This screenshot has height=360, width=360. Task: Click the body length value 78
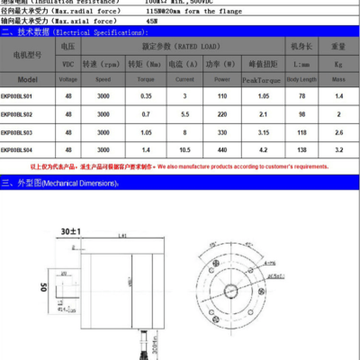pos(301,97)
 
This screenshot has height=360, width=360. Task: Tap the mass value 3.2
pos(339,149)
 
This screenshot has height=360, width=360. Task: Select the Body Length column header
pos(301,79)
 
